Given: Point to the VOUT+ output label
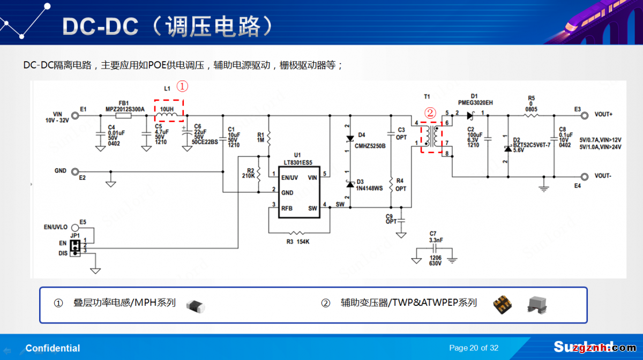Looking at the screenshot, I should point(603,115).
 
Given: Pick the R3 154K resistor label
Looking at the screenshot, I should point(298,242).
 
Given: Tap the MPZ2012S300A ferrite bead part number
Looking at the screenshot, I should point(125,109).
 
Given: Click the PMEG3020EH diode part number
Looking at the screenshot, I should point(475,102).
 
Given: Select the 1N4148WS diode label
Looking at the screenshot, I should point(370,189).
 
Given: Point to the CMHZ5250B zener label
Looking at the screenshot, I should point(370,146).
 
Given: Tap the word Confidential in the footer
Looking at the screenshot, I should point(53,348).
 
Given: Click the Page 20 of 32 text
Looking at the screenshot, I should point(474,348).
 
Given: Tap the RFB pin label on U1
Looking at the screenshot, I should point(287,208).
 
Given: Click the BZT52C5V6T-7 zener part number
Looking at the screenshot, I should point(532,145).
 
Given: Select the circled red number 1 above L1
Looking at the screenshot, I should point(182,86).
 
